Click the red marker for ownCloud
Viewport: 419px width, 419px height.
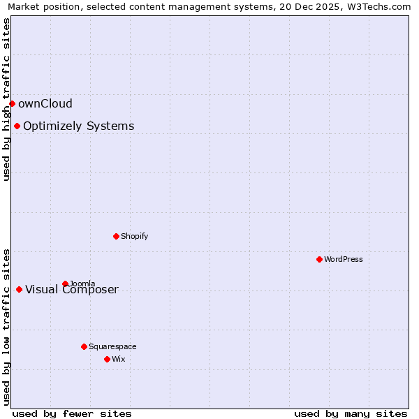pyautogui.click(x=12, y=103)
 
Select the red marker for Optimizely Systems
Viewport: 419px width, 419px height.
pyautogui.click(x=17, y=126)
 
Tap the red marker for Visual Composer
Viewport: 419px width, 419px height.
pyautogui.click(x=19, y=289)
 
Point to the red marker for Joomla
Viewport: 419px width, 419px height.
pyautogui.click(x=65, y=284)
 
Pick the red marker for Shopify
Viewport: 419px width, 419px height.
pyautogui.click(x=116, y=236)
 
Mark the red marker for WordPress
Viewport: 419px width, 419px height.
pyautogui.click(x=319, y=259)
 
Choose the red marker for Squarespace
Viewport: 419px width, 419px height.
pyautogui.click(x=84, y=346)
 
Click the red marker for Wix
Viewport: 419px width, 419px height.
pyautogui.click(x=107, y=359)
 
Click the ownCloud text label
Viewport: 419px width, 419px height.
pyautogui.click(x=45, y=104)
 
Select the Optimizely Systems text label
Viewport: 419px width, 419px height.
pyautogui.click(x=79, y=126)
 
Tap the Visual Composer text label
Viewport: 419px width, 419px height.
pyautogui.click(x=72, y=290)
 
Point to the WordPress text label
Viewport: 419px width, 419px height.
pyautogui.click(x=344, y=259)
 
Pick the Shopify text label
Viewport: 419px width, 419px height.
pyautogui.click(x=135, y=236)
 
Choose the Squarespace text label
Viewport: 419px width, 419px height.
pyautogui.click(x=112, y=346)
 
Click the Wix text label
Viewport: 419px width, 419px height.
pyautogui.click(x=119, y=359)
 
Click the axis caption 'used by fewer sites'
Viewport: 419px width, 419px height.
pyautogui.click(x=72, y=413)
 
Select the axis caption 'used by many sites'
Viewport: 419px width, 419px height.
pyautogui.click(x=351, y=413)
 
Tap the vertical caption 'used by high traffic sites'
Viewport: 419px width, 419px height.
pyautogui.click(x=6, y=99)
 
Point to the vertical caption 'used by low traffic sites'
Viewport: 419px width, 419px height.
pyautogui.click(x=6, y=326)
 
